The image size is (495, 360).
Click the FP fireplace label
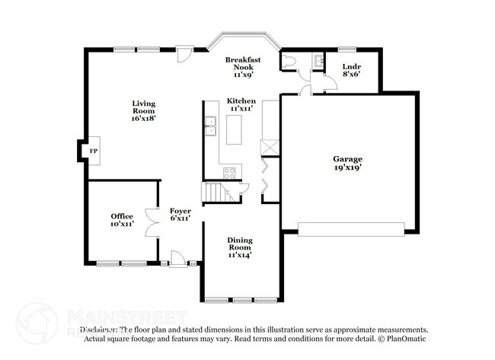94,151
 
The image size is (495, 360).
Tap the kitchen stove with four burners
230,173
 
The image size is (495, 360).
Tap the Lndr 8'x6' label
351,71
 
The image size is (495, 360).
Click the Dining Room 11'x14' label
240,247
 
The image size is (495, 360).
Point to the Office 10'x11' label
122,221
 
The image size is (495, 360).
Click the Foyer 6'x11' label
180,215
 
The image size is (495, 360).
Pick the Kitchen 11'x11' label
241,105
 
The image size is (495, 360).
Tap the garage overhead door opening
351,229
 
